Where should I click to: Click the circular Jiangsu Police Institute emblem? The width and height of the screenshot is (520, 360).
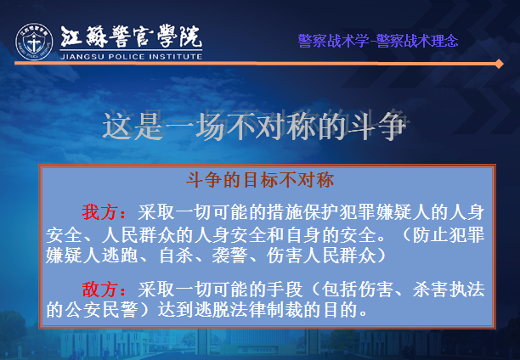[x=34, y=42]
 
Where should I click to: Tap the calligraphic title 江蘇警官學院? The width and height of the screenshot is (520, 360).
[x=132, y=37]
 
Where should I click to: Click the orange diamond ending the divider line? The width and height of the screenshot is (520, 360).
[x=499, y=64]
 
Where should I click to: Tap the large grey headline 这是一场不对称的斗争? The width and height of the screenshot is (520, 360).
[x=255, y=127]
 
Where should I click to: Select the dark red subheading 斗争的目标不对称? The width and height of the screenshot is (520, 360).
[x=260, y=180]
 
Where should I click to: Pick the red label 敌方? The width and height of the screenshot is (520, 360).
[x=99, y=289]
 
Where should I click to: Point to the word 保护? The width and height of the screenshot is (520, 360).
[x=321, y=211]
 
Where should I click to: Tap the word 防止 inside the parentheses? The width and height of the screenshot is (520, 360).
[x=430, y=234]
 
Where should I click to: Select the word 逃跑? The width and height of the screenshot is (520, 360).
[x=120, y=256]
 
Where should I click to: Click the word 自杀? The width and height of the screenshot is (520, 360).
[x=175, y=256]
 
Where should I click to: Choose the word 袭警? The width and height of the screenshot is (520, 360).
[x=229, y=256]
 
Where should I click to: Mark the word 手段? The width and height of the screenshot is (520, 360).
[x=285, y=289]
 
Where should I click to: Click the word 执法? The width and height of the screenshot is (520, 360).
[x=466, y=289]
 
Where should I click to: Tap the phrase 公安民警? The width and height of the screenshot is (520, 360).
[x=101, y=310]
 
